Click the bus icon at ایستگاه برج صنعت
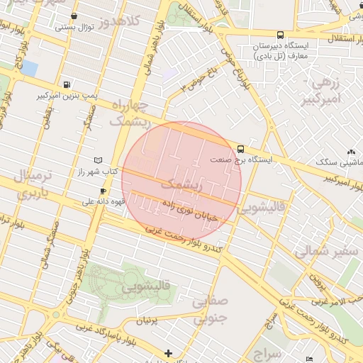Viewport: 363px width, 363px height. tap(241, 149)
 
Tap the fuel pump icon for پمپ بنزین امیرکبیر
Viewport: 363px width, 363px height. tap(67, 83)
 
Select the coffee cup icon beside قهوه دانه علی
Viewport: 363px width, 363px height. tap(104, 191)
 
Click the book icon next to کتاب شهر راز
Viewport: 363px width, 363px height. tap(98, 160)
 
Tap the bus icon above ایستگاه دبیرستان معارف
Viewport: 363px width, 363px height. tap(280, 35)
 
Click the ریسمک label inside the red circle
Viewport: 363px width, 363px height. tap(181, 186)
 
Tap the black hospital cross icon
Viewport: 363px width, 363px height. tap(168, 353)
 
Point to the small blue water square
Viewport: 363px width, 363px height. tap(29, 69)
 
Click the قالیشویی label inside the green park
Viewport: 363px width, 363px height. tap(146, 288)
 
